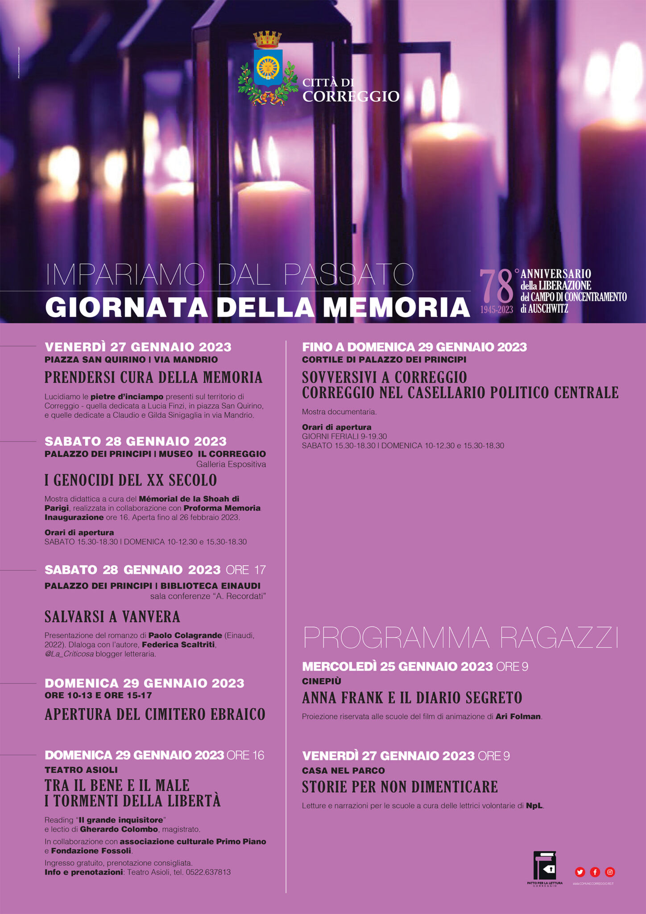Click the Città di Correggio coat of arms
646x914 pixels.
(268, 68)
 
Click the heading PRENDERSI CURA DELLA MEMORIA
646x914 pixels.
(153, 378)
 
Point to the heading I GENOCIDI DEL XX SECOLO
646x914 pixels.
(131, 480)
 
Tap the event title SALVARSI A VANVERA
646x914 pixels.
(112, 617)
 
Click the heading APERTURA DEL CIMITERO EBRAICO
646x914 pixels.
(155, 715)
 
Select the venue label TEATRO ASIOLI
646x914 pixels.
(81, 769)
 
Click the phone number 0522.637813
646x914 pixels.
(208, 872)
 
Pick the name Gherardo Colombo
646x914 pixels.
(119, 829)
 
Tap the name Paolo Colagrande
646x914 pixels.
(185, 635)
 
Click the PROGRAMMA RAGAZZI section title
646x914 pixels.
(461, 637)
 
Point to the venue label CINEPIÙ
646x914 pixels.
(321, 681)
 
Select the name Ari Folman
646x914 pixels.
(518, 716)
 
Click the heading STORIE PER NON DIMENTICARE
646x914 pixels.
(400, 787)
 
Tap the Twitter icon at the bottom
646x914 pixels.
(580, 872)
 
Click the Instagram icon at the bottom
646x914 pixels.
(610, 872)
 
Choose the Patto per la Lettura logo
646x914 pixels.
(545, 868)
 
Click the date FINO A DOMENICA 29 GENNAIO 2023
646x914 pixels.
(414, 347)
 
